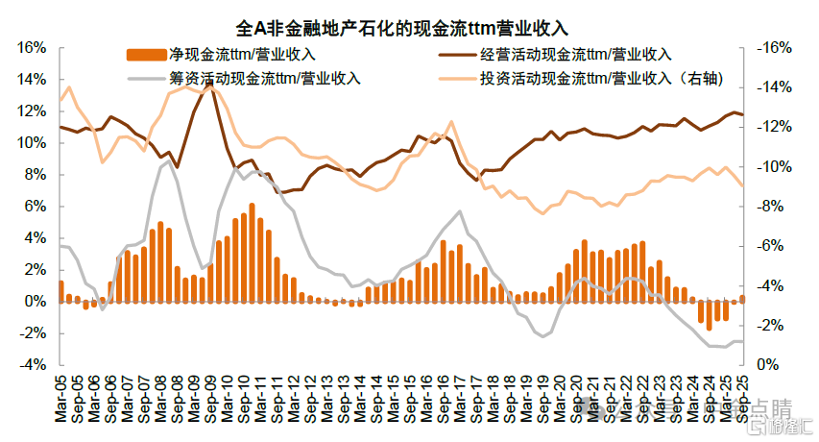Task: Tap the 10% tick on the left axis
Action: pyautogui.click(x=30, y=142)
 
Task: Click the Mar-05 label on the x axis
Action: pyautogui.click(x=61, y=394)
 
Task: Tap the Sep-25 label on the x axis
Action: pyautogui.click(x=741, y=394)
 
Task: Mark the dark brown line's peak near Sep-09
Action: pyautogui.click(x=209, y=85)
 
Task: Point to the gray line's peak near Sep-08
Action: pyautogui.click(x=169, y=161)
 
